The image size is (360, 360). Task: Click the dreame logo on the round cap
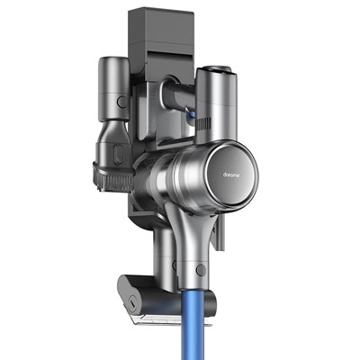pyautogui.click(x=231, y=175)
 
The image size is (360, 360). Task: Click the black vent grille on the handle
pyautogui.click(x=204, y=122)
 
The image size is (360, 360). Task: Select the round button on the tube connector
pyautogui.click(x=201, y=270)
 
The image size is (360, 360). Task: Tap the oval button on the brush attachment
pyautogui.click(x=119, y=153)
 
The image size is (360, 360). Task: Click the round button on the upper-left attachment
pyautogui.click(x=121, y=102)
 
